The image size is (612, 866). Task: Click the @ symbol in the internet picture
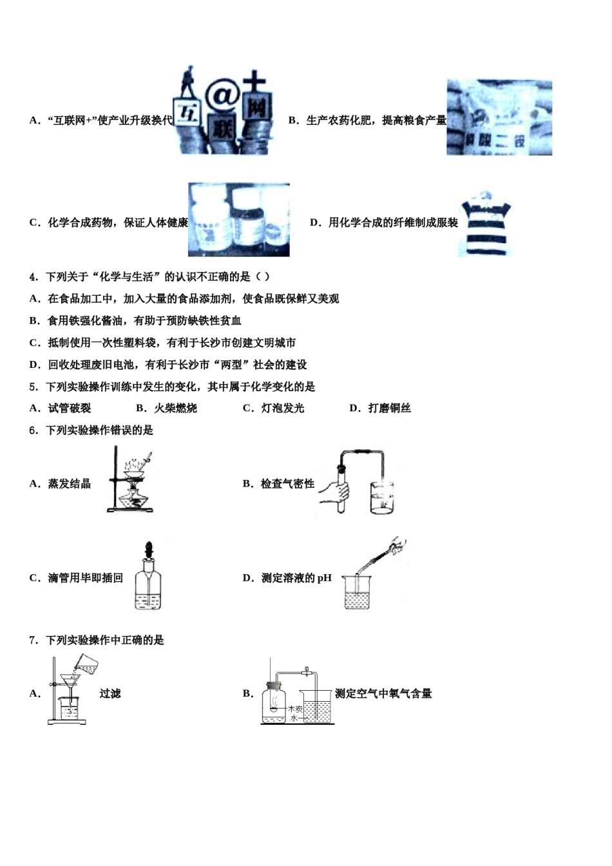(x=222, y=97)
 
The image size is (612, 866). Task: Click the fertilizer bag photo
(x=499, y=118)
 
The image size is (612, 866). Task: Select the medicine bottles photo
(x=238, y=220)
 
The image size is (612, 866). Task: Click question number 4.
(x=33, y=277)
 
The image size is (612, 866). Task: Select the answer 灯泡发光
(x=282, y=409)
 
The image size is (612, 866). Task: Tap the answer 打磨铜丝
(x=389, y=409)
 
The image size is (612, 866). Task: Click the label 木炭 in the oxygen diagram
(x=295, y=709)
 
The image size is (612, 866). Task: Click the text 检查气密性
(x=287, y=484)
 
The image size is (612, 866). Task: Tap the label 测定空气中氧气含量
(x=383, y=694)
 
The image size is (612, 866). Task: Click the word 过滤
(x=110, y=694)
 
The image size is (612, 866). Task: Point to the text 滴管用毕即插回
(x=85, y=578)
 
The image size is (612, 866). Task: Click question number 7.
(x=33, y=640)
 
